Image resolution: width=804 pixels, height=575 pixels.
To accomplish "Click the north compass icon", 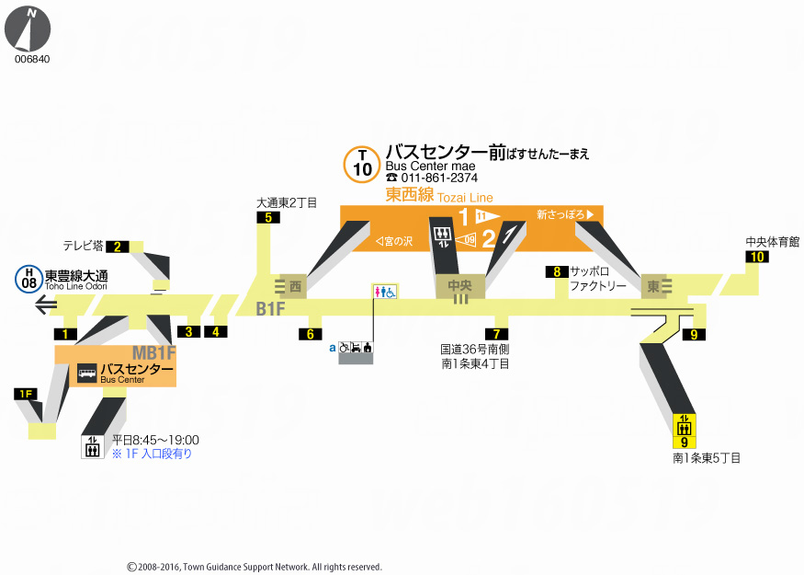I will [x=28, y=28].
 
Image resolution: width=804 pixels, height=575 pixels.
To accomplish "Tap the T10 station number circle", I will [x=362, y=164].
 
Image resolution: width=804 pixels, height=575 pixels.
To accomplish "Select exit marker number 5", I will [x=268, y=218].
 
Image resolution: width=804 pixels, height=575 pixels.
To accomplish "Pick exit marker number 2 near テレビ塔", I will [x=118, y=246].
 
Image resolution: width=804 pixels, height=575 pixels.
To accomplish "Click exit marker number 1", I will [x=65, y=333].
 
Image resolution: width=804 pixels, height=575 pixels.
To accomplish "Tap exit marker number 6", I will [x=311, y=334].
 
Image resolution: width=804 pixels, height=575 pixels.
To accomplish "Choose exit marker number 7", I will [x=496, y=334].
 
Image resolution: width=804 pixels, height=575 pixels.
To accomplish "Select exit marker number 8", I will [x=556, y=271].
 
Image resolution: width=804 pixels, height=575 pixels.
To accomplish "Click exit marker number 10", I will [x=756, y=257].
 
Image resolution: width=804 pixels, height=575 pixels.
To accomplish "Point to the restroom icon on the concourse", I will [x=385, y=291].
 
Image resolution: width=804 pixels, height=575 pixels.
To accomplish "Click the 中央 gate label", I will [x=459, y=287].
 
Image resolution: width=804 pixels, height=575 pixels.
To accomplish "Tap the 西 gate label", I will [x=295, y=287].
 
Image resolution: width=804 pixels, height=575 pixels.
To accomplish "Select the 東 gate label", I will [x=653, y=287].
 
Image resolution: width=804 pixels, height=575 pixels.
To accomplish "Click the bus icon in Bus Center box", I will [x=86, y=374].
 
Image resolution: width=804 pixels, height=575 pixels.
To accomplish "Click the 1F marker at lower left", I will [x=27, y=394].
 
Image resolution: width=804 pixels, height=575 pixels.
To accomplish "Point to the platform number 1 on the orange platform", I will [x=463, y=216].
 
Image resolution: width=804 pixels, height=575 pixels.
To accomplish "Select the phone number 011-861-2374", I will [x=432, y=178].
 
